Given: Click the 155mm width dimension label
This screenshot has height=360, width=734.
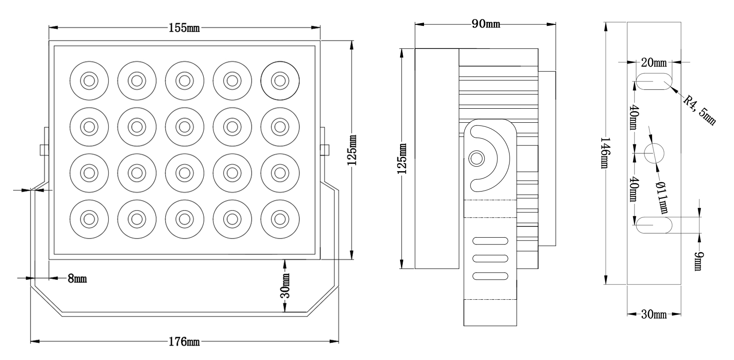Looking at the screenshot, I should click(x=184, y=28).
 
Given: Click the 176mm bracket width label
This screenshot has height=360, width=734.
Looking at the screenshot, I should click(x=184, y=342).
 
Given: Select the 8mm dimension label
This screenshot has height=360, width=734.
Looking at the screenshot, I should click(x=77, y=278).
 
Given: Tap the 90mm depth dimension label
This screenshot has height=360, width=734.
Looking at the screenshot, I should click(x=486, y=24).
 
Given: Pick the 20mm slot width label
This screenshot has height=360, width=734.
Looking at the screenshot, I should click(x=653, y=62).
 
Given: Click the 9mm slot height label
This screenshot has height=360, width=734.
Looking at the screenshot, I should click(x=700, y=262).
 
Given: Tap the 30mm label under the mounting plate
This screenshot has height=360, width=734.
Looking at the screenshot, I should click(x=654, y=314).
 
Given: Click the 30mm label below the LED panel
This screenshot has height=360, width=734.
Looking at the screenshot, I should click(x=286, y=286).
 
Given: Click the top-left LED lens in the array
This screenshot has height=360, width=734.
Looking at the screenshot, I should click(x=89, y=81).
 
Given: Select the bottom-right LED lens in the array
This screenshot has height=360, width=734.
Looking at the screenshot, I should click(x=280, y=219).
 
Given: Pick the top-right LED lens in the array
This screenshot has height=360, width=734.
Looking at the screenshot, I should click(x=280, y=81).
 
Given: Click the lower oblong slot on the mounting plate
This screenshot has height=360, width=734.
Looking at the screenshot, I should click(x=654, y=225).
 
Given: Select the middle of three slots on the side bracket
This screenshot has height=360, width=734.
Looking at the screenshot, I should click(x=490, y=258).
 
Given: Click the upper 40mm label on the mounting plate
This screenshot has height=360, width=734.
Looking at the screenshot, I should click(x=634, y=117).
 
